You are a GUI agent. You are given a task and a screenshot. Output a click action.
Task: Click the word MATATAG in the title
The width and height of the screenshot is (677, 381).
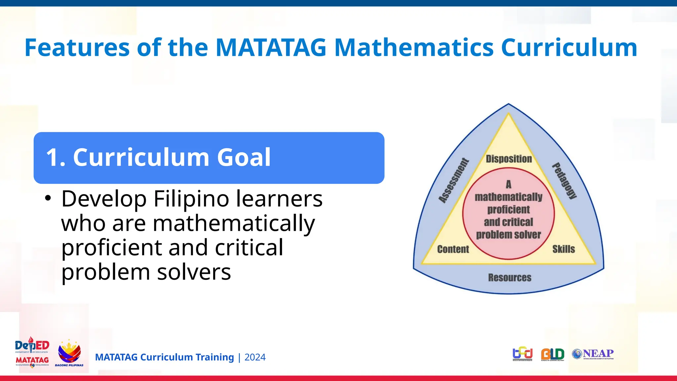tap(271, 48)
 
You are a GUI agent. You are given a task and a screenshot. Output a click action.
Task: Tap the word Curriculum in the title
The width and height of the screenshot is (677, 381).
tap(569, 48)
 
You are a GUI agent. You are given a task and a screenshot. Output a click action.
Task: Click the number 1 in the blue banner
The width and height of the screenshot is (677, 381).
tap(53, 157)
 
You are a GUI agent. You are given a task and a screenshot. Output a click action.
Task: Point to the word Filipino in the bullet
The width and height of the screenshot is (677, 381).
tap(195, 199)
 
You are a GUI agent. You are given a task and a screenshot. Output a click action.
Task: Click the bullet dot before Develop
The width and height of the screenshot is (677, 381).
tap(48, 198)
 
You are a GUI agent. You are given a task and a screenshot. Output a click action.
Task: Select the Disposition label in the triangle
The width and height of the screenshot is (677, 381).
tap(509, 159)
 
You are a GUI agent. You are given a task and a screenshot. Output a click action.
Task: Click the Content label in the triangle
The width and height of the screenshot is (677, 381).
tap(453, 249)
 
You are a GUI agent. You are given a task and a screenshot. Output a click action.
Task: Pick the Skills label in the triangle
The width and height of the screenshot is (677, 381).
tap(564, 249)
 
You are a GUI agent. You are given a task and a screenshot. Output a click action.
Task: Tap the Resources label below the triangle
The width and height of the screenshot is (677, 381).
tap(510, 277)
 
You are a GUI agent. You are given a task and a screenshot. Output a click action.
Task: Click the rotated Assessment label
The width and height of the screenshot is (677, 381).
tap(454, 181)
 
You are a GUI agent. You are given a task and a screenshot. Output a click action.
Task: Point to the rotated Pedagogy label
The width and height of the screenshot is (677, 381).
tap(565, 181)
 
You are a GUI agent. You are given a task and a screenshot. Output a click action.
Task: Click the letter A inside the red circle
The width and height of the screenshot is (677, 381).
tap(508, 184)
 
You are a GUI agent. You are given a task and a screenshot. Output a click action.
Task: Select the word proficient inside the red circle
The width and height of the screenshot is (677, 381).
tap(508, 209)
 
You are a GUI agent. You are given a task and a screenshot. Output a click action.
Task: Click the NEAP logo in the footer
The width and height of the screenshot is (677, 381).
tap(593, 354)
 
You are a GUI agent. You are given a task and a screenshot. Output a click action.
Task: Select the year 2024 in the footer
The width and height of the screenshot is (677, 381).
tap(255, 357)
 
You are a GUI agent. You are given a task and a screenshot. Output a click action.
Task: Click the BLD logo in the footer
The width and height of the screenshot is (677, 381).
tap(552, 354)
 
